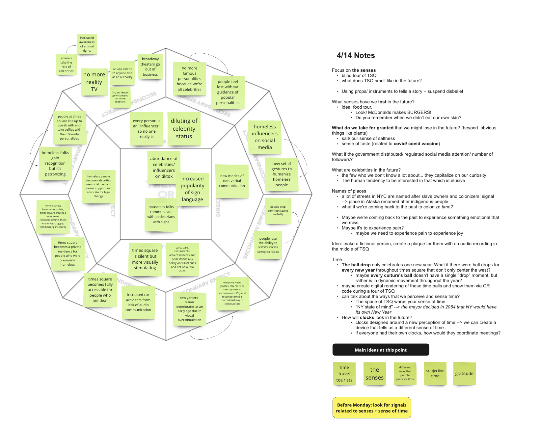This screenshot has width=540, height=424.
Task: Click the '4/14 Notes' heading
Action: tap(356, 56)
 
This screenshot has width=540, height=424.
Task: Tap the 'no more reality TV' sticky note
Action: tap(94, 82)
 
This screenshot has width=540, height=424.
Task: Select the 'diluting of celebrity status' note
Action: tap(184, 129)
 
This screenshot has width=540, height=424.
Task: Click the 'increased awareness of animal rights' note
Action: tap(87, 44)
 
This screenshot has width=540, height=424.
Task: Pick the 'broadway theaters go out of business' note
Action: tap(150, 67)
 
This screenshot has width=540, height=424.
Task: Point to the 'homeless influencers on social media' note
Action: tap(265, 137)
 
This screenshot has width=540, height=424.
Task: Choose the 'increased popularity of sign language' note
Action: tap(192, 189)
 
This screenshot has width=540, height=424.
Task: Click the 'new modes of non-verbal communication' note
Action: tap(232, 181)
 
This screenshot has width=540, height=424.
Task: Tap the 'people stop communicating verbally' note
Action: tap(278, 211)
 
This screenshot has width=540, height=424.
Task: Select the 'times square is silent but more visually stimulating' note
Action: tap(145, 259)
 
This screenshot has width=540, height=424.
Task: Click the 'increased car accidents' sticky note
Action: tap(138, 302)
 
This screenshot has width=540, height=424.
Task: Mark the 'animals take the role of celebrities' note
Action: tap(66, 65)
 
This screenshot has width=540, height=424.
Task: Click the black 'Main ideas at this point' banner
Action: tap(381, 350)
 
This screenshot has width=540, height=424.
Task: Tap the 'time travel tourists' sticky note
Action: tap(344, 374)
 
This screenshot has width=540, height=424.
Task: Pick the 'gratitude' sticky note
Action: tap(464, 374)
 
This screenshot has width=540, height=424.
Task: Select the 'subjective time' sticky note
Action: tap(435, 373)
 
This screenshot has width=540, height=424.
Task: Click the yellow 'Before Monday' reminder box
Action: tap(372, 408)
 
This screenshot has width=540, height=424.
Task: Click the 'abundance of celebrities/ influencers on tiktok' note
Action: tap(164, 167)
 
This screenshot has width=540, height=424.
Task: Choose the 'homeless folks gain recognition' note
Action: tap(55, 163)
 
